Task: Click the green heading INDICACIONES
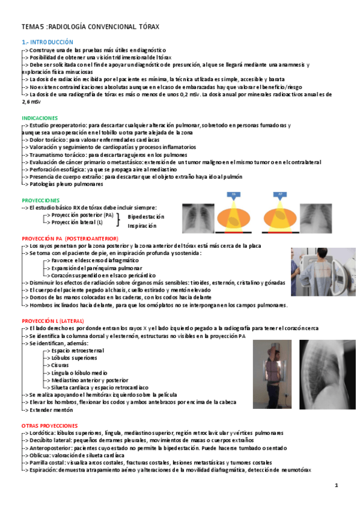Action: coord(40,118)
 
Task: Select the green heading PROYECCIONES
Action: coord(41,200)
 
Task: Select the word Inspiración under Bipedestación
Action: coord(142,226)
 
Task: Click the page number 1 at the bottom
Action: coord(337,485)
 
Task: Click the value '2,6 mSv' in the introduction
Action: coord(31,102)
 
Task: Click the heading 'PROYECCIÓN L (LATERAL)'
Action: coord(53,321)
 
